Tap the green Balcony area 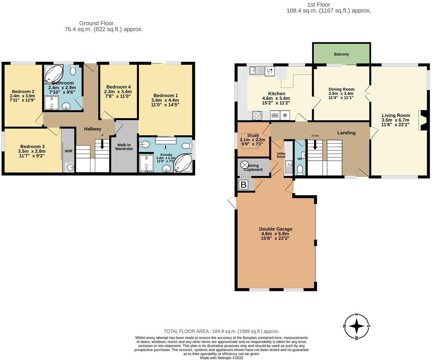point(341,54)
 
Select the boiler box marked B point(243,185)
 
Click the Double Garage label point(276,229)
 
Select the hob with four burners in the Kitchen point(257,115)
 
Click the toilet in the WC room point(300,170)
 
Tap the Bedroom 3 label point(32,147)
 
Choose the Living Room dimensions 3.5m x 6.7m point(395,120)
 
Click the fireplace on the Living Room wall point(423,120)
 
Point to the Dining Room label point(341,89)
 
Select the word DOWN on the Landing point(315,136)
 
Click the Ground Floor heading point(96,23)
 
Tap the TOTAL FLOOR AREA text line point(221,331)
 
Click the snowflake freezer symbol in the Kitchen point(285,115)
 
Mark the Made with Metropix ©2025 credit point(221,358)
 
